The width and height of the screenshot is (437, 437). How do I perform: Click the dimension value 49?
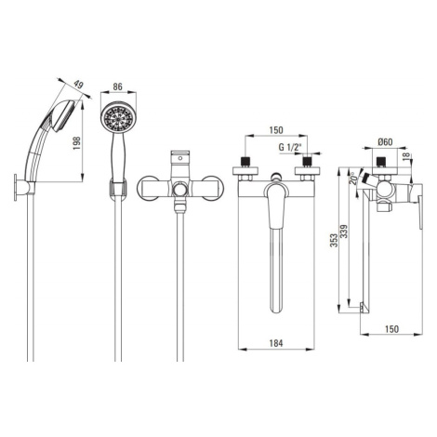coord(79,85)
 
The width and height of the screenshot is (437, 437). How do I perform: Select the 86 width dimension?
coord(117,86)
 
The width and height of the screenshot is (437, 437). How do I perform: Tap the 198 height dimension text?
coord(76,143)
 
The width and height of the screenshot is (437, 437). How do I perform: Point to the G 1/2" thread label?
coord(290,147)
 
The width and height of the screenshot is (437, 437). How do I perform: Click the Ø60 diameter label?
coord(385,142)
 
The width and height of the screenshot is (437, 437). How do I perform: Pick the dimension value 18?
coord(407,154)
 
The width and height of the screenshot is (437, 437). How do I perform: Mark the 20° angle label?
coord(353,179)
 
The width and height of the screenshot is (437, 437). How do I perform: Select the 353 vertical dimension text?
coord(334,240)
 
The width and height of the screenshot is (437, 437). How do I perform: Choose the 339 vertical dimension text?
coord(344,232)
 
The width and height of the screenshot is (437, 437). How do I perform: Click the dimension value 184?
coord(276,343)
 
